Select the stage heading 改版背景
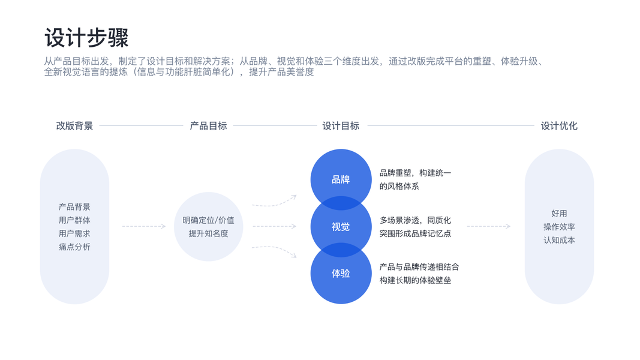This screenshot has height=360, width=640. (74, 126)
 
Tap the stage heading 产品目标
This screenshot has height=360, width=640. (208, 126)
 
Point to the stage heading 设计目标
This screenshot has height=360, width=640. (341, 126)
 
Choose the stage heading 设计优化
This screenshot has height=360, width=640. (559, 126)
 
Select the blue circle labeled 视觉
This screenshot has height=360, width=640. (341, 227)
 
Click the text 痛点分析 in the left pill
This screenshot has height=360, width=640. (74, 247)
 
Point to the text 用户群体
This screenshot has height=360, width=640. (74, 220)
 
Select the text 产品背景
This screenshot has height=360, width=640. (74, 207)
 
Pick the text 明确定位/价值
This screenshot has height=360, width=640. (208, 220)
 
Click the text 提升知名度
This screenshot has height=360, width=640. (208, 233)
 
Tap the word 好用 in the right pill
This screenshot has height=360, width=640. (559, 214)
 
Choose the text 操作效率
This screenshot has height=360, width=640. (559, 227)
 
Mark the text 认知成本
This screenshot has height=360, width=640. (559, 240)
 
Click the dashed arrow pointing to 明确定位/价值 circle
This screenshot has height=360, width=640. (144, 226)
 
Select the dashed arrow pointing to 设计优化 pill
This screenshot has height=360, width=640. (488, 226)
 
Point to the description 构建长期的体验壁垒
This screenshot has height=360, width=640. (415, 280)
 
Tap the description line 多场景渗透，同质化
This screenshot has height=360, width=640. (415, 220)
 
